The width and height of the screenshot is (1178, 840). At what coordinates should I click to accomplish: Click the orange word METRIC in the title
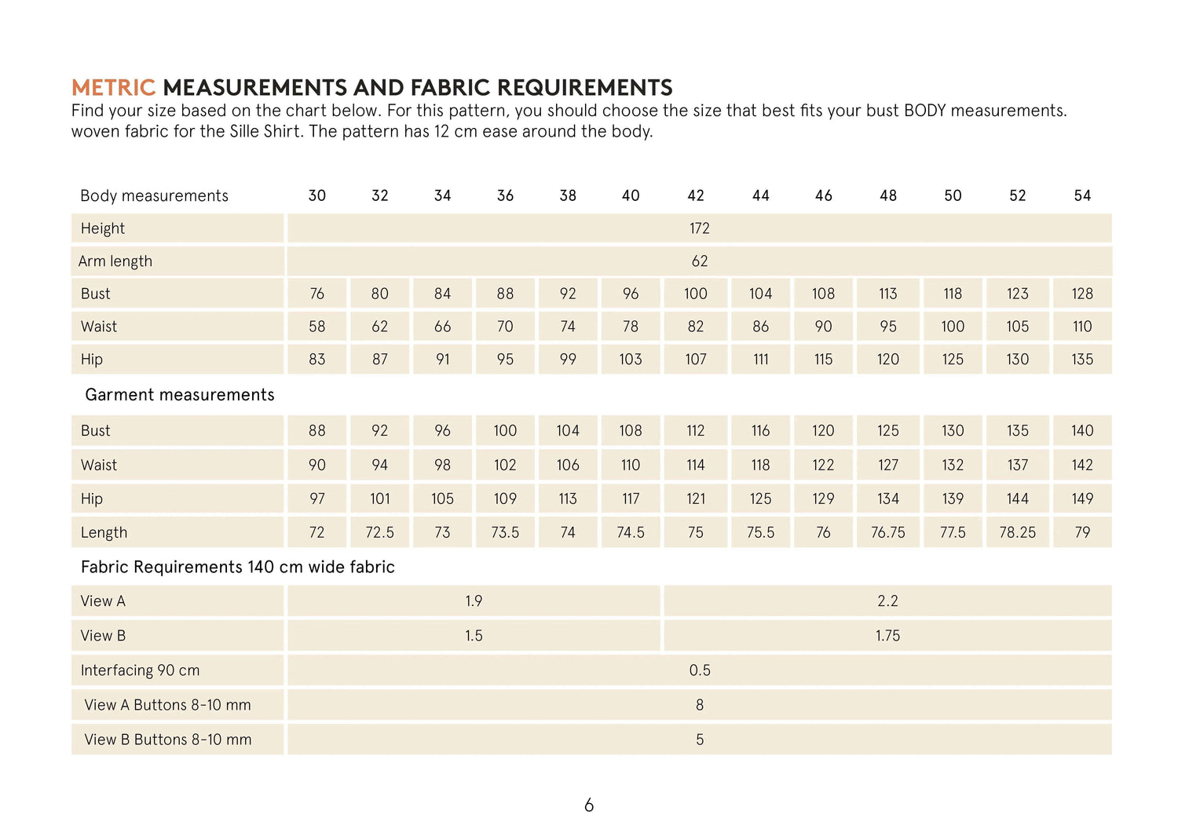click(113, 87)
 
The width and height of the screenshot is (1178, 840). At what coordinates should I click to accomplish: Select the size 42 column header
click(696, 195)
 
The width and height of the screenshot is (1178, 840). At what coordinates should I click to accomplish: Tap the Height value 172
click(700, 228)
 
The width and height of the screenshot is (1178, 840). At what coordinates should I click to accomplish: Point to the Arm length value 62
click(700, 261)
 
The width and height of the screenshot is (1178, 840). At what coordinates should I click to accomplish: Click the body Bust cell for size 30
click(316, 294)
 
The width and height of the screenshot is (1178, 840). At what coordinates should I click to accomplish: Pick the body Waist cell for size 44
click(760, 327)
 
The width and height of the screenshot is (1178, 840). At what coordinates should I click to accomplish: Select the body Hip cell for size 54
click(1082, 360)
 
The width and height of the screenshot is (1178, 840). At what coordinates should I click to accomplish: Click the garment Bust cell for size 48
click(888, 431)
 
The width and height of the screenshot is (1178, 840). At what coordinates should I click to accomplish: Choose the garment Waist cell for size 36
click(505, 466)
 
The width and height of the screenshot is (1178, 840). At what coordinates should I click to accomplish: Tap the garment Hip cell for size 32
click(380, 499)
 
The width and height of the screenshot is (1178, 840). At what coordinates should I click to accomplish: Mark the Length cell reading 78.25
click(1017, 533)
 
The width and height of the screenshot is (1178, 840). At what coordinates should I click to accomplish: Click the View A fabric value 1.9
click(474, 601)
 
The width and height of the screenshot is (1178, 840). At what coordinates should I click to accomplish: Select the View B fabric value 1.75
click(888, 636)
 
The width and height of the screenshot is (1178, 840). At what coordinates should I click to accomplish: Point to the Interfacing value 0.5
click(700, 670)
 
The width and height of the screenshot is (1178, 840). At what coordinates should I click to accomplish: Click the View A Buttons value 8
click(700, 705)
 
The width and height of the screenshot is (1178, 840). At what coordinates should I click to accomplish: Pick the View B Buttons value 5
click(700, 740)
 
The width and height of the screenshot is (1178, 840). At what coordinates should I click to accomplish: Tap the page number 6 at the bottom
click(589, 805)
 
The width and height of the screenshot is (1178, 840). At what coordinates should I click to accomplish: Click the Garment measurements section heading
click(180, 395)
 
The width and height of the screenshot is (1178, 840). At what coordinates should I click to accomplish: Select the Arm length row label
click(115, 261)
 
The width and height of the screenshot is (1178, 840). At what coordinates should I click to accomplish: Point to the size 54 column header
click(1082, 195)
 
